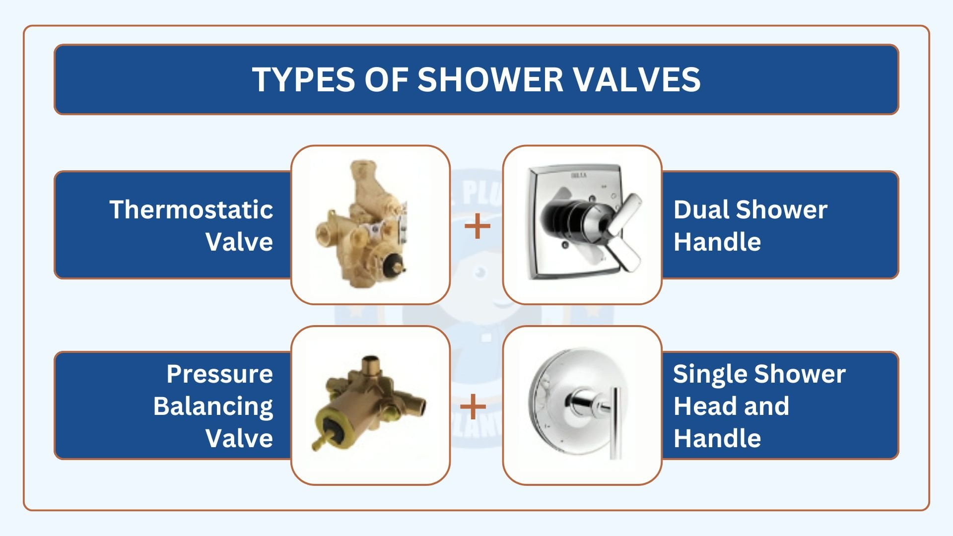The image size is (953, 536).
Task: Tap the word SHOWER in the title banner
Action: [490, 79]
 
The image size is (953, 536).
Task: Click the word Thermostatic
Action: [191, 209]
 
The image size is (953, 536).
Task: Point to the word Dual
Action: [701, 209]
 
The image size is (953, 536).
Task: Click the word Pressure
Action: [219, 374]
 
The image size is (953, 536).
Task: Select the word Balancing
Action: [213, 406]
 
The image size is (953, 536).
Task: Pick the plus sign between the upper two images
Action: [477, 226]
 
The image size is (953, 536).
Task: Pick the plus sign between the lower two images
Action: [473, 406]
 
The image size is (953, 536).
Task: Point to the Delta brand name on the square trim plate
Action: [579, 175]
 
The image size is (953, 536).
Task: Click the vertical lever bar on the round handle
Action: [615, 422]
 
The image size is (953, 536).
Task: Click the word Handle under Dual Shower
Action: [717, 242]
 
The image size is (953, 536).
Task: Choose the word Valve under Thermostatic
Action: [239, 242]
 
